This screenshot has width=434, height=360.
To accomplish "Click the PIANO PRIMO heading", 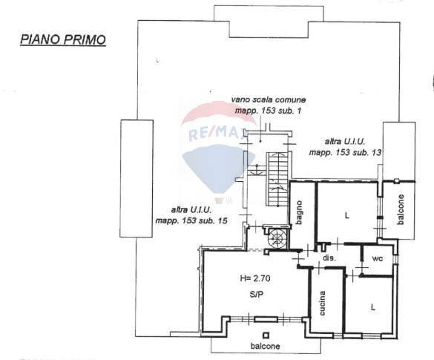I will [62, 39].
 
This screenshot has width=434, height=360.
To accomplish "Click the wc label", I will [377, 259].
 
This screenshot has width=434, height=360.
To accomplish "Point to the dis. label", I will [330, 258].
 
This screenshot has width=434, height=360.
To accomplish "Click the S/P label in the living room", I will [254, 294].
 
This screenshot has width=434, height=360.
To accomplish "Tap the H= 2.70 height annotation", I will [256, 279].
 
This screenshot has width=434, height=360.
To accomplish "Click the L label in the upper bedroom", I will [346, 216].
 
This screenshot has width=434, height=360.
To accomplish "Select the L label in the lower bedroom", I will [373, 305].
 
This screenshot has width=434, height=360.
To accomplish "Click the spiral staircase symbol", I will [276, 238].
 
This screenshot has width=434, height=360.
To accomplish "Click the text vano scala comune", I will [268, 99].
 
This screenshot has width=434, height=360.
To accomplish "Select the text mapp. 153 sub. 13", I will [345, 152].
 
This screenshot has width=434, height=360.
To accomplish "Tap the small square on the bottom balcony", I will [277, 336].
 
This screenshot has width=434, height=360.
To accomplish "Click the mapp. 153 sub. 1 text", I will [268, 111].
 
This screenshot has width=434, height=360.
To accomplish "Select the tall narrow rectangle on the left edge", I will [136, 178].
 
